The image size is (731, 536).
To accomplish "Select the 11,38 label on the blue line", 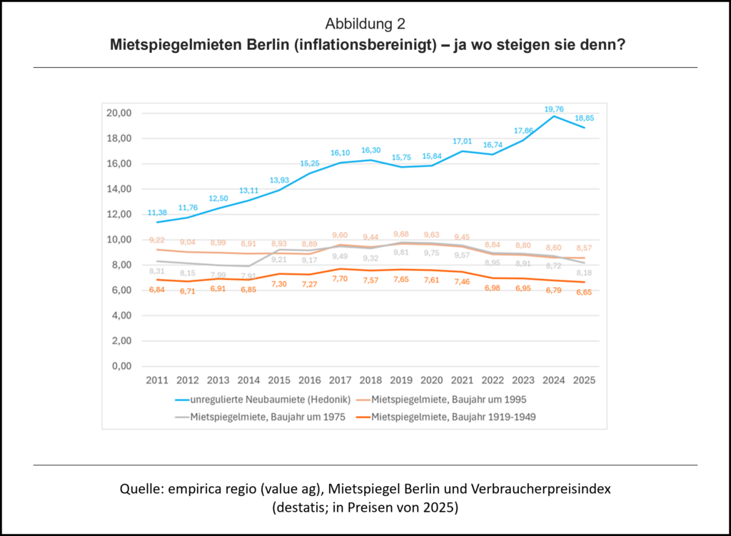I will [x=158, y=213].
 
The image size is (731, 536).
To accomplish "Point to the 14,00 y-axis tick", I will [x=119, y=189].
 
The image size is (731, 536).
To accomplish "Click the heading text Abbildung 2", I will [x=365, y=24].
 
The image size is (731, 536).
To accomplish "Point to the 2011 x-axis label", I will [x=158, y=380].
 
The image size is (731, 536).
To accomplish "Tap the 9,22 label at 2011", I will [x=158, y=240].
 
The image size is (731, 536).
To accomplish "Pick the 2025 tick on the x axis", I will [x=583, y=380].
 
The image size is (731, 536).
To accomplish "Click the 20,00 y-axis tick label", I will [x=119, y=113].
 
